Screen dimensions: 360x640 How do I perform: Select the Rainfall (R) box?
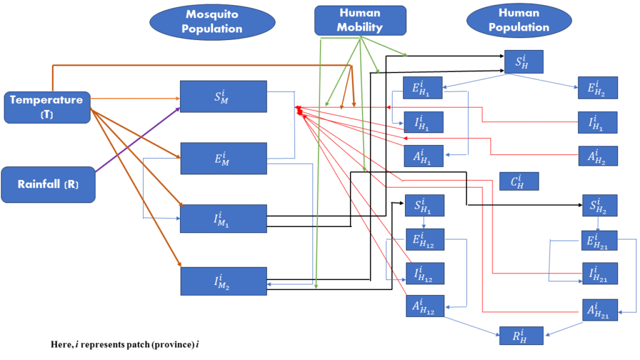[x=48, y=184]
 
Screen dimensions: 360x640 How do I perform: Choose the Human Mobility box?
[x=360, y=20]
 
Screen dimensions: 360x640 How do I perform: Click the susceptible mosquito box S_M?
[x=223, y=96]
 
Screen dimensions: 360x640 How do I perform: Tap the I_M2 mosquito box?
[x=223, y=281]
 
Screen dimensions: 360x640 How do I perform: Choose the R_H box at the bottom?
[x=520, y=336]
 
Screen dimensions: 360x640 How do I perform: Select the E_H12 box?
[x=425, y=239]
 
